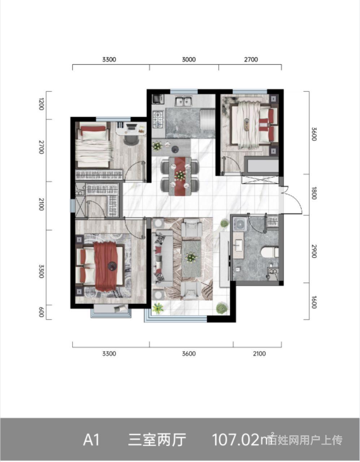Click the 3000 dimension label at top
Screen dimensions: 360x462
[x=188, y=60]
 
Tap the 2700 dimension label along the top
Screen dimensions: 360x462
[x=251, y=60]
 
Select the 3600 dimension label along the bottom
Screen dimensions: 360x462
[x=188, y=354]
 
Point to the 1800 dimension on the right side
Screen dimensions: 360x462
[x=314, y=193]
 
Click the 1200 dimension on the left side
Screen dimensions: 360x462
[x=41, y=104]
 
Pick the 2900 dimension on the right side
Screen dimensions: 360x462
[x=314, y=251]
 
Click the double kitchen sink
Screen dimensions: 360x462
[x=183, y=101]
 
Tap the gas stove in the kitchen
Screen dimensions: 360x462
[x=158, y=120]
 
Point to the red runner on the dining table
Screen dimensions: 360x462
[x=180, y=176]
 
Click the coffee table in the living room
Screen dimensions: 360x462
[x=191, y=258]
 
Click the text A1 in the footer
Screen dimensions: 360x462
[x=91, y=440]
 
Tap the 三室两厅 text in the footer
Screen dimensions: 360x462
[x=157, y=440]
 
